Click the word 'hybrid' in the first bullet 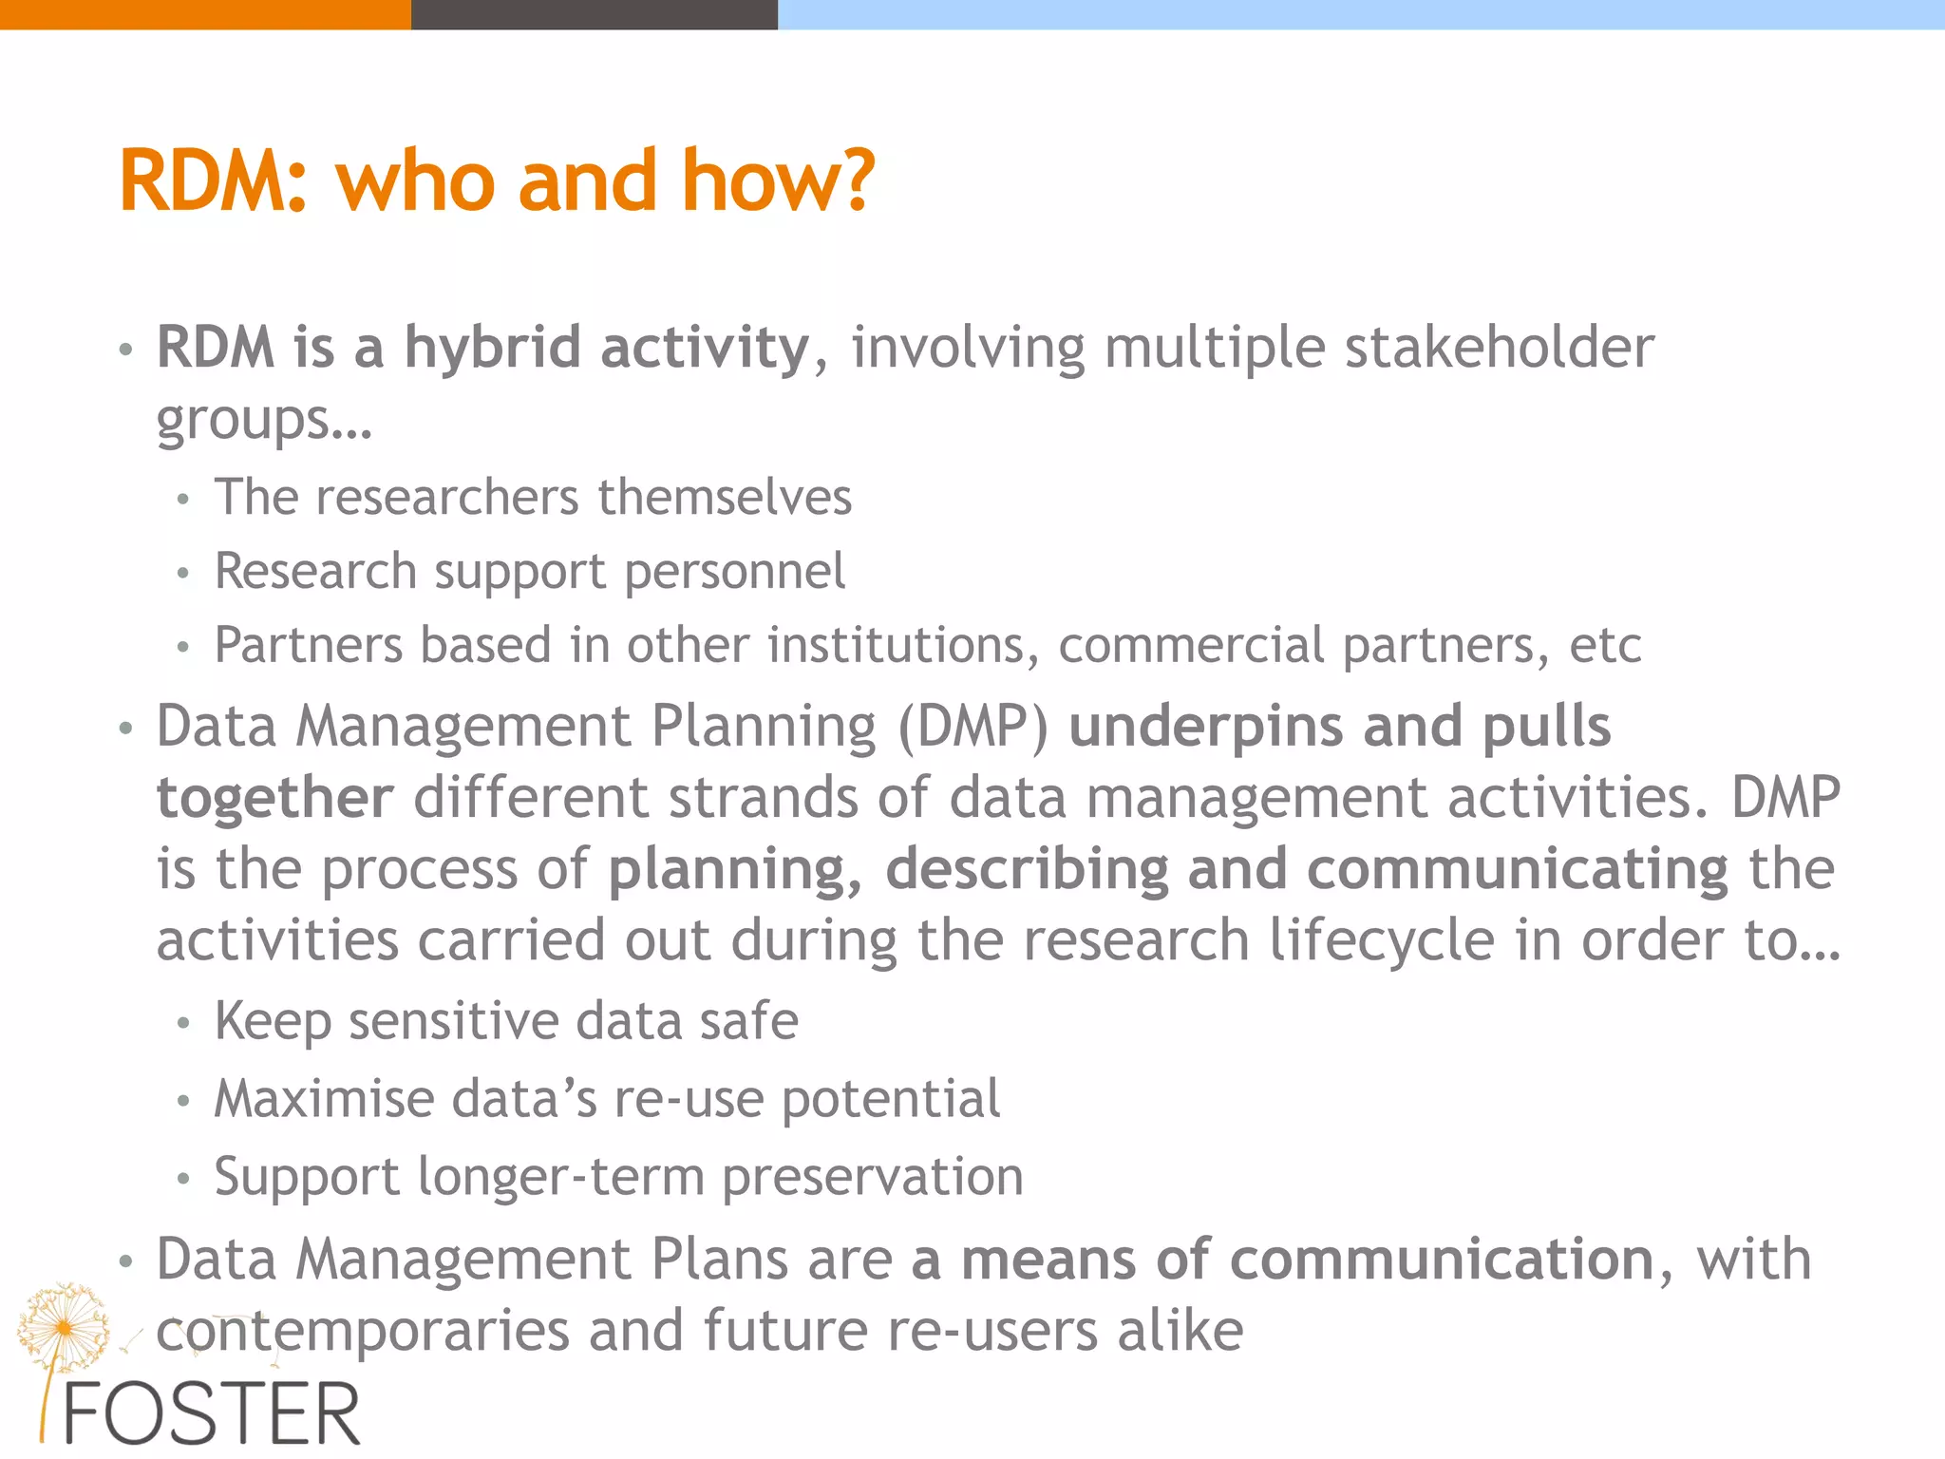pyautogui.click(x=492, y=348)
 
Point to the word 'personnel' pyautogui.click(x=734, y=572)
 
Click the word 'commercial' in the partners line pyautogui.click(x=1191, y=646)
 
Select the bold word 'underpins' pyautogui.click(x=1206, y=727)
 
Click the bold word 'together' pyautogui.click(x=274, y=798)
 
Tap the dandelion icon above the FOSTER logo pyautogui.click(x=63, y=1325)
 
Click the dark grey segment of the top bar pyautogui.click(x=594, y=14)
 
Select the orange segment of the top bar pyautogui.click(x=204, y=14)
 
